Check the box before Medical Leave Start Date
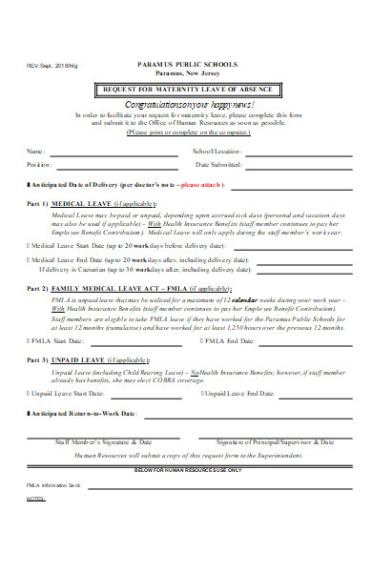(28, 244)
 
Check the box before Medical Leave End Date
(28, 257)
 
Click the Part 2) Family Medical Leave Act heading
(129, 287)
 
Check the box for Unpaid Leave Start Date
(29, 392)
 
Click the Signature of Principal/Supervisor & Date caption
(275, 441)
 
